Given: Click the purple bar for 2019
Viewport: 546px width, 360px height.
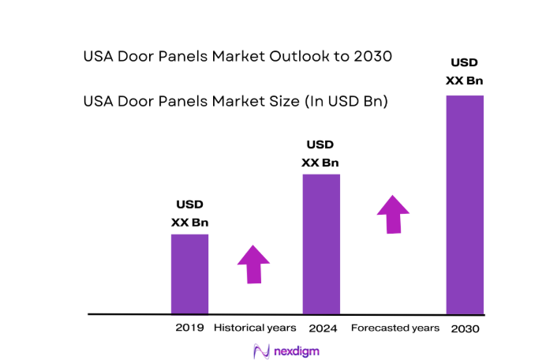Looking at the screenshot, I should coord(189,274).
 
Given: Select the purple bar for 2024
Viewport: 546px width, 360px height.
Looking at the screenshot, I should coord(321,244).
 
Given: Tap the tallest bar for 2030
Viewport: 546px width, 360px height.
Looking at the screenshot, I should coord(465,204).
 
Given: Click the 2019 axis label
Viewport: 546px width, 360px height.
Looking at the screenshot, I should coord(190,328).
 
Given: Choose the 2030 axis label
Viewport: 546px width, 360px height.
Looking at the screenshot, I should coord(465,328).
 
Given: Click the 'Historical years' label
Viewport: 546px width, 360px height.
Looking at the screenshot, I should coord(255,328).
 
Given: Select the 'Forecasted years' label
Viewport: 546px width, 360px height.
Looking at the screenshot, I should coord(395,328).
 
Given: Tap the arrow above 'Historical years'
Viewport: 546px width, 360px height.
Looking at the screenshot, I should coord(253,264).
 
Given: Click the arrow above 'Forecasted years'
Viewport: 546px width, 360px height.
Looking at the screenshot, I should coord(393,214).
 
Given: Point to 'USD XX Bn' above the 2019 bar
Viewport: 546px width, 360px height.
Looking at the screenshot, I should coord(189,213).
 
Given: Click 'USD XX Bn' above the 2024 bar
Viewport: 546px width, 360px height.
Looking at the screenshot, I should coord(320,153).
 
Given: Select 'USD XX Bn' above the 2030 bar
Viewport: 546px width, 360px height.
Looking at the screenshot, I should coord(465,71).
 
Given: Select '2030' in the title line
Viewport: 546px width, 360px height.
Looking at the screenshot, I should coord(372,58).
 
